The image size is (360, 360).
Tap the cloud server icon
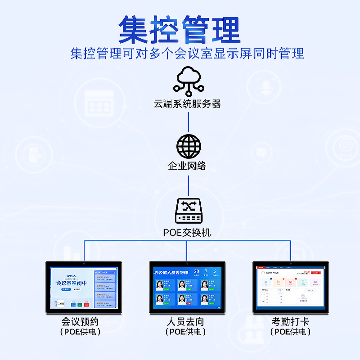pos(189,81)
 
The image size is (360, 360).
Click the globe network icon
pos(189,146)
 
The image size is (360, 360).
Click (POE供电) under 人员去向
pos(185,332)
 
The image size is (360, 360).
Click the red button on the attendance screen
pos(316,273)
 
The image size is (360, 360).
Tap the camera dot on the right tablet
pos(291,263)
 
